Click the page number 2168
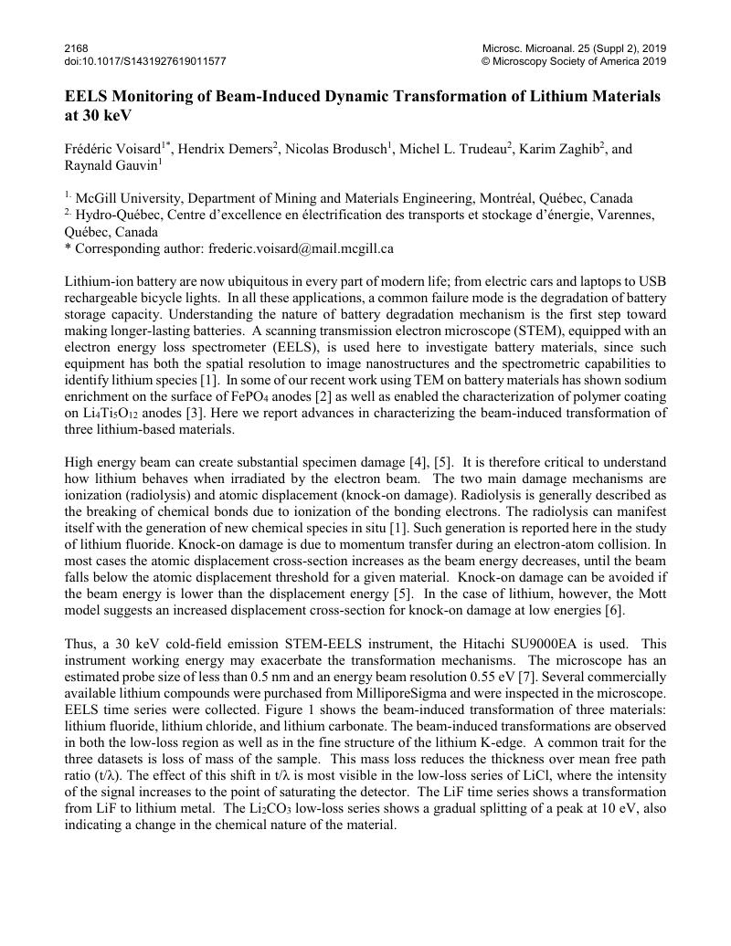click(77, 47)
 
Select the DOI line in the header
click(145, 61)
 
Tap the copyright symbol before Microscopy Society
click(485, 61)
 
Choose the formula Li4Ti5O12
click(106, 414)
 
